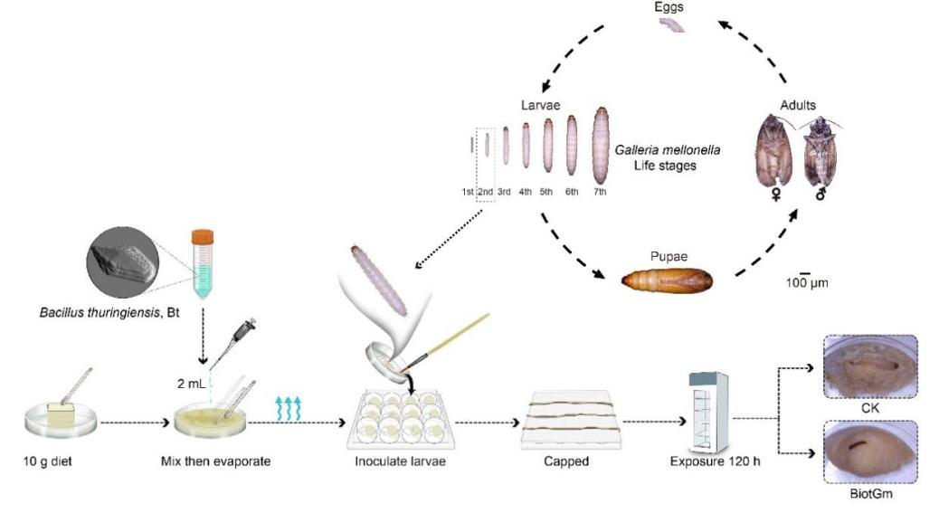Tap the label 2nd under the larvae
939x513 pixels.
[x=485, y=191]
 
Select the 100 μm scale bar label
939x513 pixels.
[x=808, y=282]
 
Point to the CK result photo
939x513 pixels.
[x=870, y=366]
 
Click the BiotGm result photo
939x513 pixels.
[x=870, y=450]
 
